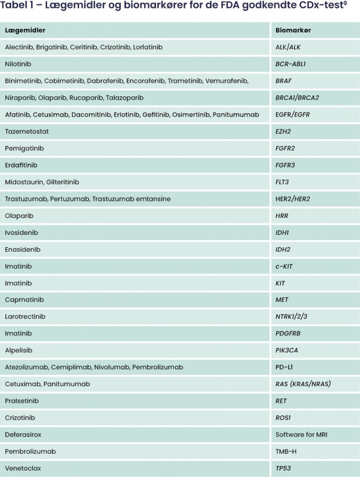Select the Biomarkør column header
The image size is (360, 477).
pyautogui.click(x=293, y=30)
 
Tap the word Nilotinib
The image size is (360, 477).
pyautogui.click(x=18, y=64)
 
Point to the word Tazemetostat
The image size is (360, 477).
pyautogui.click(x=27, y=131)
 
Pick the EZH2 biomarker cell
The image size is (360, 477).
pyautogui.click(x=283, y=131)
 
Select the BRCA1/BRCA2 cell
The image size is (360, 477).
pyautogui.click(x=297, y=98)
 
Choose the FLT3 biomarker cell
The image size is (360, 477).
pyautogui.click(x=282, y=182)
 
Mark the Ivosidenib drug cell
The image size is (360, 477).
pyautogui.click(x=21, y=232)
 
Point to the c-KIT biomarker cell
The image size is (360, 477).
pyautogui.click(x=284, y=266)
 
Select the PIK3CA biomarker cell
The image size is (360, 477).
pyautogui.click(x=286, y=350)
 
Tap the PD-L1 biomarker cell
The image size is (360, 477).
pyautogui.click(x=284, y=367)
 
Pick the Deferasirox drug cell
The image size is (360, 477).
pyautogui.click(x=23, y=435)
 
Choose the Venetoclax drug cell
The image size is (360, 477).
pyautogui.click(x=22, y=468)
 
